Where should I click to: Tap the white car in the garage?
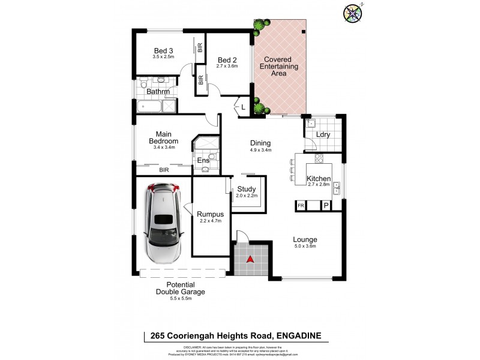(x=163, y=223)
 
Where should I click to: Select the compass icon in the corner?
(x=352, y=13)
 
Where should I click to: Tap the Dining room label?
(x=261, y=143)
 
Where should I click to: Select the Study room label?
(x=246, y=189)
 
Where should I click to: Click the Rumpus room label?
(x=211, y=214)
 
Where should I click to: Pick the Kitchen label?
(x=319, y=179)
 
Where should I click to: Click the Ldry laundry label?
(x=324, y=135)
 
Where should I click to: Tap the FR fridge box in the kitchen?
(x=301, y=206)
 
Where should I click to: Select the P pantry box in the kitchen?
(x=326, y=206)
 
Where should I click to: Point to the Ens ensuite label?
(x=203, y=160)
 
